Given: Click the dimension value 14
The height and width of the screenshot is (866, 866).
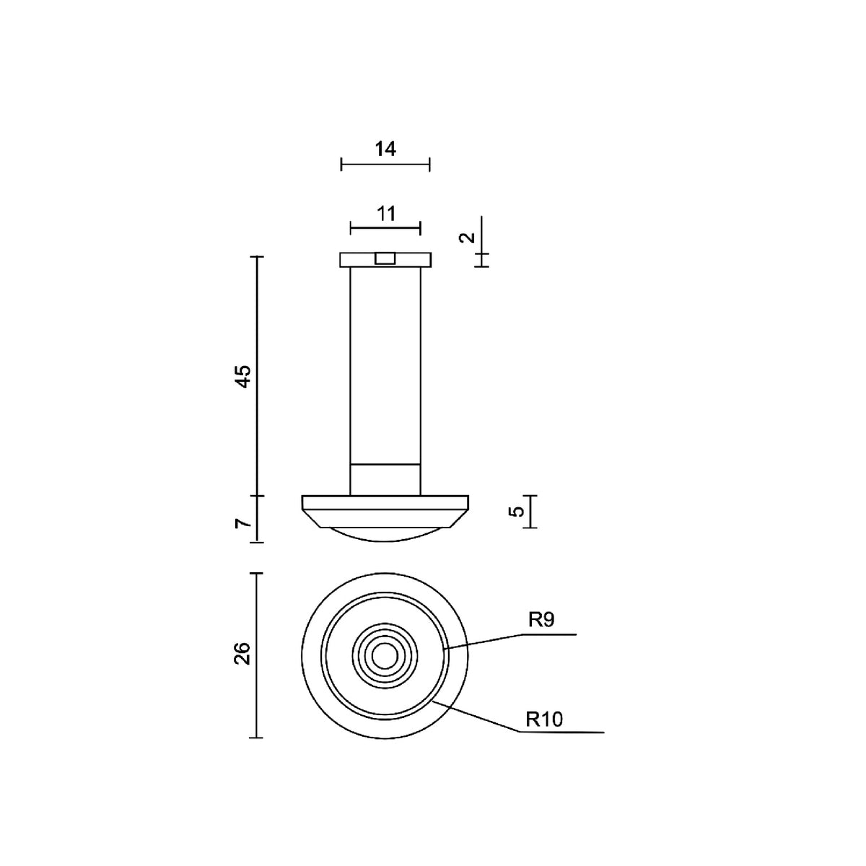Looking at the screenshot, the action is click(x=385, y=149).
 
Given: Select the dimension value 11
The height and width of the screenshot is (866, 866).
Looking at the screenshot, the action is click(x=385, y=214).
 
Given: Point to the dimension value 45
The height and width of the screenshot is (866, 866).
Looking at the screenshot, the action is click(x=244, y=376).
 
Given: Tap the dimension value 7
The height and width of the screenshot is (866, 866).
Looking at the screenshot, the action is click(x=243, y=523).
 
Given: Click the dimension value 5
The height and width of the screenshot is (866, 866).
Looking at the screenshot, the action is click(x=517, y=512).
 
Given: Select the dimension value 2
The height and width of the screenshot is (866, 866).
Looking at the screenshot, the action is click(x=467, y=237).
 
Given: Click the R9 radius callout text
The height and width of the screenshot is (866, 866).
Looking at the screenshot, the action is click(x=541, y=620).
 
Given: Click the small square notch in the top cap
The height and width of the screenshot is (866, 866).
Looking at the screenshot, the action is click(x=385, y=258).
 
